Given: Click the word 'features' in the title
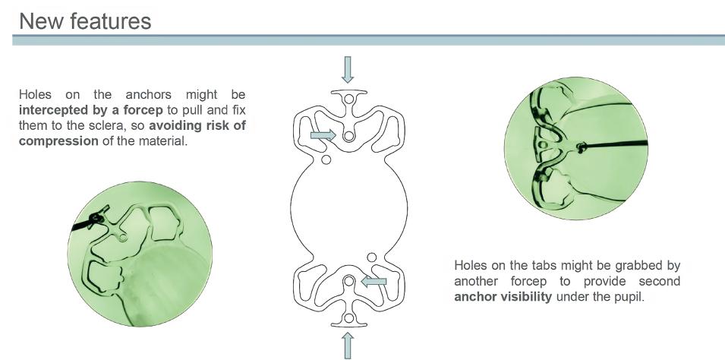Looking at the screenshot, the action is point(109,21).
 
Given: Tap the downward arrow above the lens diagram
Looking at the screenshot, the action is point(348,69).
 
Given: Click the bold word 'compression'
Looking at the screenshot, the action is point(58,141).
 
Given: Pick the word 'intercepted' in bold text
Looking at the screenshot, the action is point(54,110).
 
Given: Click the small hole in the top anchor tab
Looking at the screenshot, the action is point(348,94).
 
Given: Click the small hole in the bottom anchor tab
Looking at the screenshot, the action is point(348,317).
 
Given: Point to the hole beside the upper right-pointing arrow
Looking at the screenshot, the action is point(348,137).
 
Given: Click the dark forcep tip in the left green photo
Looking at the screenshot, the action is point(96,219).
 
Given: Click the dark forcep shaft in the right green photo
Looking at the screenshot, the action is point(615,144).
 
